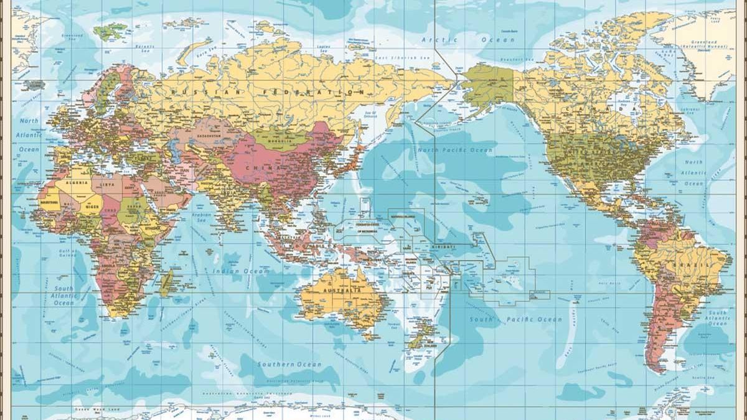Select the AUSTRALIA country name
coord(342,291)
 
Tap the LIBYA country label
coord(107,184)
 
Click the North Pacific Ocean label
coord(455,150)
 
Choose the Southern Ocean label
coord(290,365)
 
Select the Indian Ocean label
coord(241,271)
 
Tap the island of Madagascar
coord(167,283)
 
